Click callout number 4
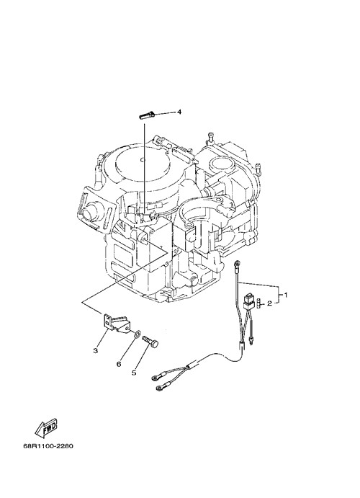pos(179,112)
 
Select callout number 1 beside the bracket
pos(286,295)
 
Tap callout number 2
pos(269,303)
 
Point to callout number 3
pos(95,350)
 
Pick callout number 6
pos(119,364)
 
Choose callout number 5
pos(134,372)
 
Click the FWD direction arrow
pos(46,427)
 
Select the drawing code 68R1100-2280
pos(48,446)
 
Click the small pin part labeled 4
pos(147,115)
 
